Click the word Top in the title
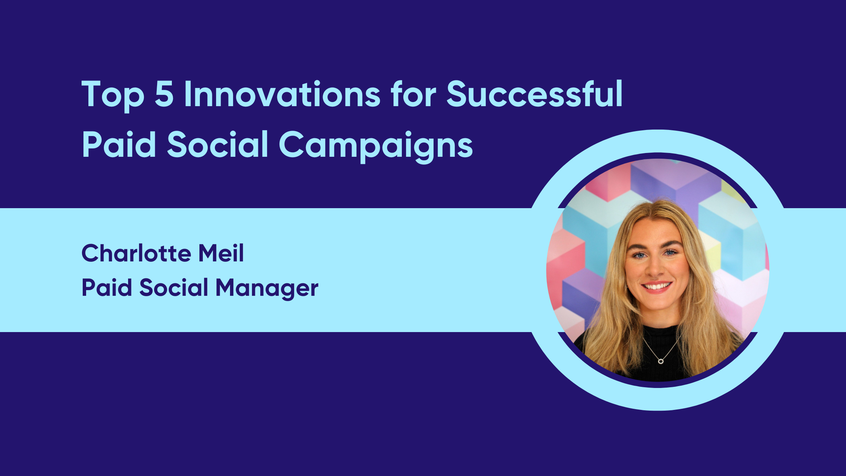coord(113,94)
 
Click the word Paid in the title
coord(119,144)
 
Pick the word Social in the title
coord(218,144)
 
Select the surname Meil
coord(221,253)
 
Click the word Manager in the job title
coord(267,288)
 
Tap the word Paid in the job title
coord(107,288)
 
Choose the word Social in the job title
coord(174,288)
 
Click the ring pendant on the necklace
coord(661,362)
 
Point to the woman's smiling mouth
coord(657,286)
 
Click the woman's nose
coord(656,269)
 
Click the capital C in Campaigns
coord(292,144)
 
